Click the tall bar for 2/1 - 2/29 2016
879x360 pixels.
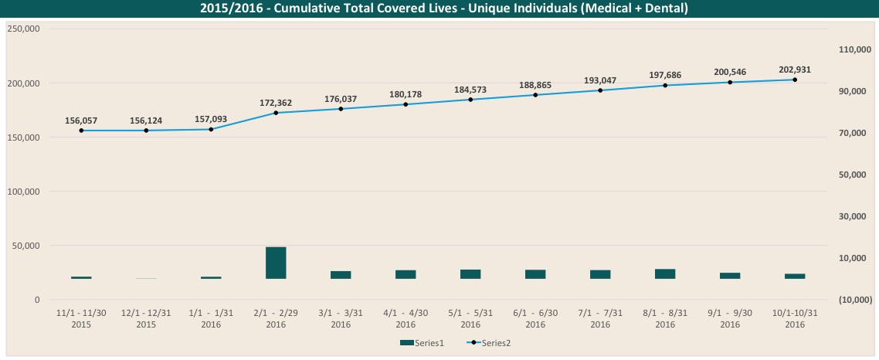276,263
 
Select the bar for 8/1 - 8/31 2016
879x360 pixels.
665,273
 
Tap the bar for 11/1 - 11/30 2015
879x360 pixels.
81,277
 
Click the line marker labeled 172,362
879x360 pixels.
276,113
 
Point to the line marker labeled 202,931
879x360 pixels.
795,80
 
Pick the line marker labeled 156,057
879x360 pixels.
81,131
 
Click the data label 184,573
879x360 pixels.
470,90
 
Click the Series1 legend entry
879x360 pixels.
422,342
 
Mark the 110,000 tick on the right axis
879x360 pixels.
854,49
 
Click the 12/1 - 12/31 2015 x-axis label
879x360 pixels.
146,320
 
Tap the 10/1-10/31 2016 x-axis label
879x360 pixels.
795,320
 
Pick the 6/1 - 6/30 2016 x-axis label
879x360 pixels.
535,320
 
